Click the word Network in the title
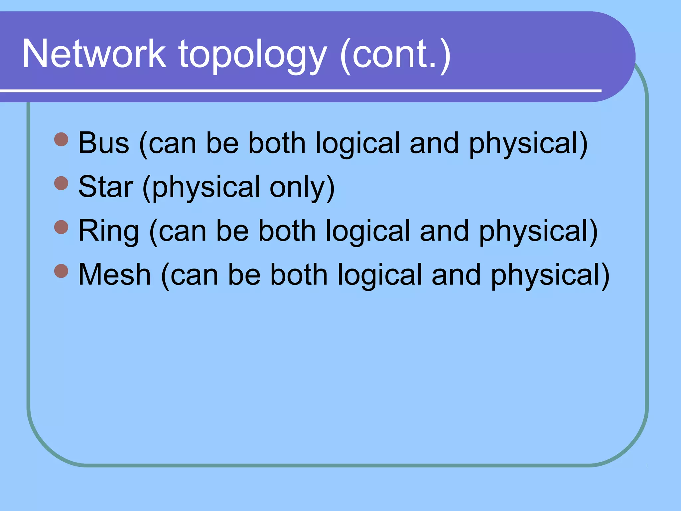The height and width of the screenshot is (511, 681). pyautogui.click(x=94, y=54)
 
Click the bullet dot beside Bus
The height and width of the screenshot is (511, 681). pyautogui.click(x=61, y=139)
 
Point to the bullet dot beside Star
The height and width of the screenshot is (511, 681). pyautogui.click(x=61, y=183)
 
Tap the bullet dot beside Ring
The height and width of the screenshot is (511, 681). pyautogui.click(x=61, y=227)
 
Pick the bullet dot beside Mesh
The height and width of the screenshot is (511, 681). pyautogui.click(x=61, y=271)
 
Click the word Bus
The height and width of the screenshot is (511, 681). pyautogui.click(x=104, y=143)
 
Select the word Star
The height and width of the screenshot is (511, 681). pyautogui.click(x=106, y=187)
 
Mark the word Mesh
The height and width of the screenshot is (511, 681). pyautogui.click(x=115, y=275)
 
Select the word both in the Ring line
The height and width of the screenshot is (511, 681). pyautogui.click(x=287, y=231)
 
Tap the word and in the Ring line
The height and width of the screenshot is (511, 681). pyautogui.click(x=444, y=231)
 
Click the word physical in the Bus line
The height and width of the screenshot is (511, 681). pyautogui.click(x=524, y=144)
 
